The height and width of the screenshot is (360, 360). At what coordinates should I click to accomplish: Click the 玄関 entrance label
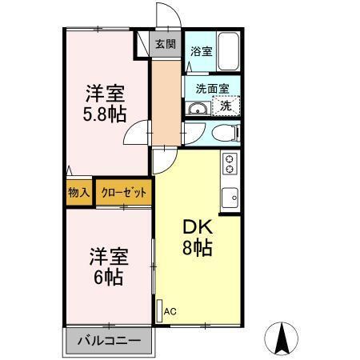pos(166,45)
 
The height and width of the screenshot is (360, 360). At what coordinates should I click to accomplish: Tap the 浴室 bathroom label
pos(201,52)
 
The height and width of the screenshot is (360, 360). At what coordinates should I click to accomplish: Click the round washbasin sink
pos(197,108)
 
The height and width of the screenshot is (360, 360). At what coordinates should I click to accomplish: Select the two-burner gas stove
pos(230,164)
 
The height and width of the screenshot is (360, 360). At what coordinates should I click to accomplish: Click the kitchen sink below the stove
pos(230,195)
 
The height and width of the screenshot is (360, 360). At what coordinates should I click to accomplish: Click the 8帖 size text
pos(198,249)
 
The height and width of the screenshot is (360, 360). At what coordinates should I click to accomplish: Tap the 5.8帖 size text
pos(105,113)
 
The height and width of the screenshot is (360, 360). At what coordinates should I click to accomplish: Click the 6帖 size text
pos(105,278)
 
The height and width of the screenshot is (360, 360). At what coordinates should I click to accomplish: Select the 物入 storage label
pos(78,193)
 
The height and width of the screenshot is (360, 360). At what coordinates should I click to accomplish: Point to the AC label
pos(170,311)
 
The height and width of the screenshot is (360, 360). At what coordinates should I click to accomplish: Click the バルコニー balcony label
pos(109,340)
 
